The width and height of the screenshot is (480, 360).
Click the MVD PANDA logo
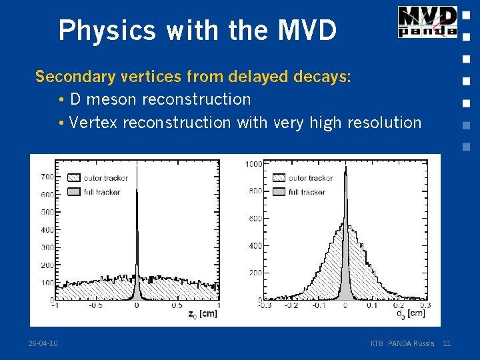coord(427,21)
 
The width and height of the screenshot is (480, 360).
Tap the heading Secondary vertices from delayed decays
coord(193,77)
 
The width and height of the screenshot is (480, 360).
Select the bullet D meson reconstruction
coord(160,99)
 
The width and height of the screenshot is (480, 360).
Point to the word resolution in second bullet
coord(385,123)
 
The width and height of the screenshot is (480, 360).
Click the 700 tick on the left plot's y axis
coord(47,177)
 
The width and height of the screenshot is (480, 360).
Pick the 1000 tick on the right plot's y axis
coord(253,164)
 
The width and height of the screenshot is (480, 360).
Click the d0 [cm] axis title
coord(410,313)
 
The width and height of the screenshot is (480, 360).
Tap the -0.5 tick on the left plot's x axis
coord(95,306)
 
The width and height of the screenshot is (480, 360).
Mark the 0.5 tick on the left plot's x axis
coord(177,306)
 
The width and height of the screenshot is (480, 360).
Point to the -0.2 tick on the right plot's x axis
coord(291,306)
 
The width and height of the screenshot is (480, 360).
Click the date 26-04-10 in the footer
coord(43,343)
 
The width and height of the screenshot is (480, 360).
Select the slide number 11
coord(447,343)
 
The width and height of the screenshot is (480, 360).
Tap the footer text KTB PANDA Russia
coord(402,343)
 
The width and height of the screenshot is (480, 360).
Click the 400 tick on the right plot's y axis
coord(255,246)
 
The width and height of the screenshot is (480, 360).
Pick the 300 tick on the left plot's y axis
coord(47,247)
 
